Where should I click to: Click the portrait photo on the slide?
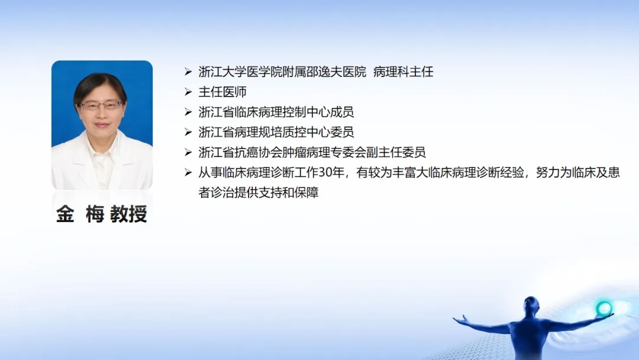click(102, 125)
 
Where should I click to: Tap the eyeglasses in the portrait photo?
click(101, 105)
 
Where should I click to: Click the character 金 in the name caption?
click(65, 214)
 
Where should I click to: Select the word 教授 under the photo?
click(129, 214)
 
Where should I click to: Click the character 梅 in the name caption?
click(95, 214)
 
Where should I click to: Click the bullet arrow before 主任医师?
click(188, 92)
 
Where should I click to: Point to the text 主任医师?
click(222, 92)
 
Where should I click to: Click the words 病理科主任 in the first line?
click(403, 72)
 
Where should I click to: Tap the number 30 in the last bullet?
click(325, 172)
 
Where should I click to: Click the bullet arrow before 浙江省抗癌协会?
click(188, 153)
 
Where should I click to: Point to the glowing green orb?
click(604, 308)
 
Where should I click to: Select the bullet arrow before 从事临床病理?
click(188, 172)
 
